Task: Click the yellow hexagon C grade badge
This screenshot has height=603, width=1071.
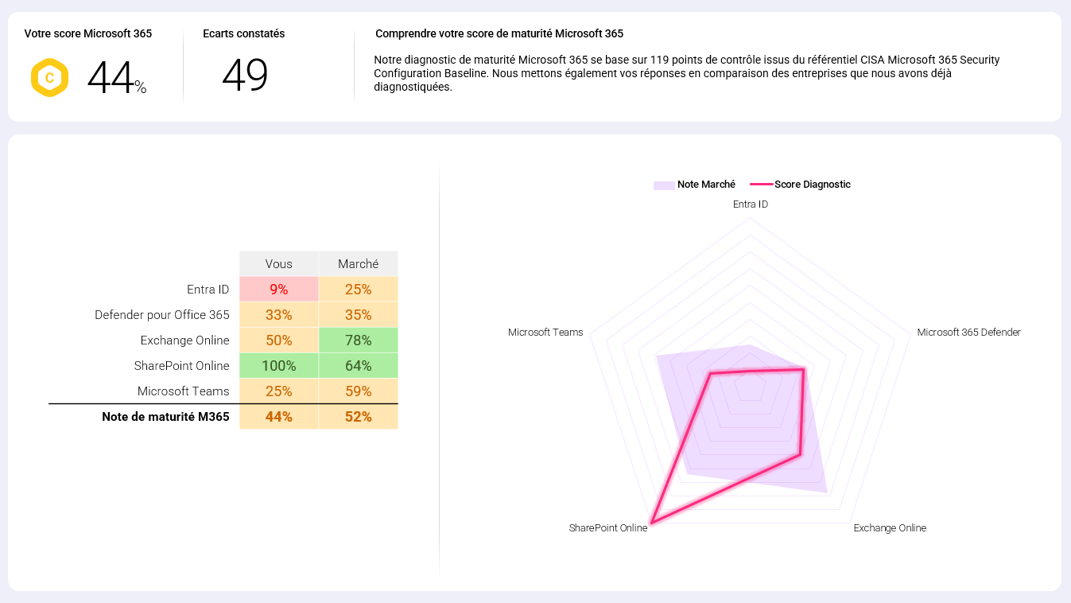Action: coord(49,78)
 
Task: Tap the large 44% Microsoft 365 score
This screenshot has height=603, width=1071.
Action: coord(116,78)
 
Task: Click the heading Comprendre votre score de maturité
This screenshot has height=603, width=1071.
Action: coord(499,34)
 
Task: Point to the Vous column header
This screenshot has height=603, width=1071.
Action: coord(278,264)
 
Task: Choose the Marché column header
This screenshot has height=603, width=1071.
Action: coord(358,264)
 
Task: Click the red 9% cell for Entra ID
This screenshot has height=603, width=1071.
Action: coord(278,290)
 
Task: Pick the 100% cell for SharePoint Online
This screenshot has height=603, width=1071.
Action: coord(278,366)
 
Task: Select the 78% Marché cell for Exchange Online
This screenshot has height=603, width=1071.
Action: coord(358,340)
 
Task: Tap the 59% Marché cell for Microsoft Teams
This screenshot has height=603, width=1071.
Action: coord(358,391)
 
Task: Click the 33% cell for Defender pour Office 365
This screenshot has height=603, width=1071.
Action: coord(278,315)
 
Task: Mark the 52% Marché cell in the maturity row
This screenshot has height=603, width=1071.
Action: coord(358,417)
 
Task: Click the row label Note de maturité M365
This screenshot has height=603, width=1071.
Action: coord(165,417)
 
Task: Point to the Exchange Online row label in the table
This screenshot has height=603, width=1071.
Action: coord(184,340)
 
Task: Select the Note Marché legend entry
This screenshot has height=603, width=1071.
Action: coord(695,185)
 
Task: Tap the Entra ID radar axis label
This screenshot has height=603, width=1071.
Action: coord(750,204)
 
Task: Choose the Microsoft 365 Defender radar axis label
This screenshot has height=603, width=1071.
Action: coord(968,333)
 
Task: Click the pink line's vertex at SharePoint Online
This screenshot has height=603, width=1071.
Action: coord(651,523)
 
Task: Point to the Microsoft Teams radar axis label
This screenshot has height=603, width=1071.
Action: coord(545,333)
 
